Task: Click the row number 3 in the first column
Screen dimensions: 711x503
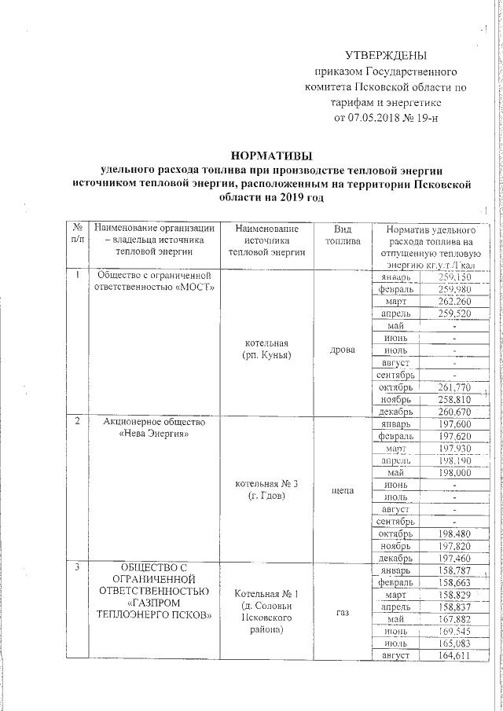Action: (78, 566)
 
